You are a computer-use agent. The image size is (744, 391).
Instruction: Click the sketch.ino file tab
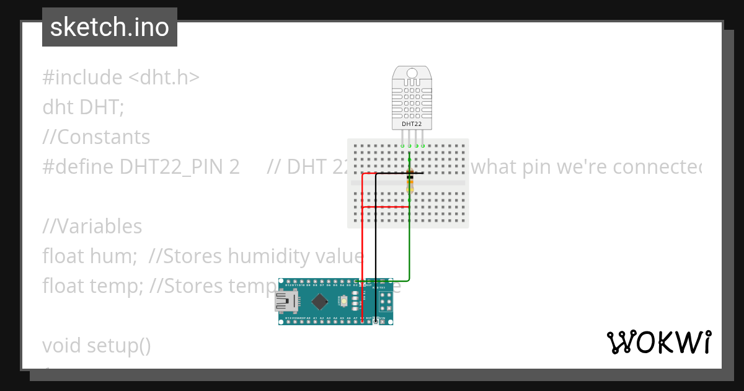(109, 27)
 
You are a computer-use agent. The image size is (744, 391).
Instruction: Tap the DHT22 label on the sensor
(412, 124)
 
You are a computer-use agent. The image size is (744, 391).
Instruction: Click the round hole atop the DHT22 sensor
(412, 74)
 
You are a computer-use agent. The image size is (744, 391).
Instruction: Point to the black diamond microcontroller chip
(319, 302)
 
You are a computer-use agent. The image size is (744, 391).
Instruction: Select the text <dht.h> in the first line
(164, 78)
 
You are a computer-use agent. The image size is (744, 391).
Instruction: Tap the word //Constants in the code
(96, 137)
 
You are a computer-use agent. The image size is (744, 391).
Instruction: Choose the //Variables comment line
(92, 227)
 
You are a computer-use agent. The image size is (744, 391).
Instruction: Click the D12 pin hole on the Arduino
(288, 282)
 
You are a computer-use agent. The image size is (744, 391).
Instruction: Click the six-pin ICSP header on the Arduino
(385, 302)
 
